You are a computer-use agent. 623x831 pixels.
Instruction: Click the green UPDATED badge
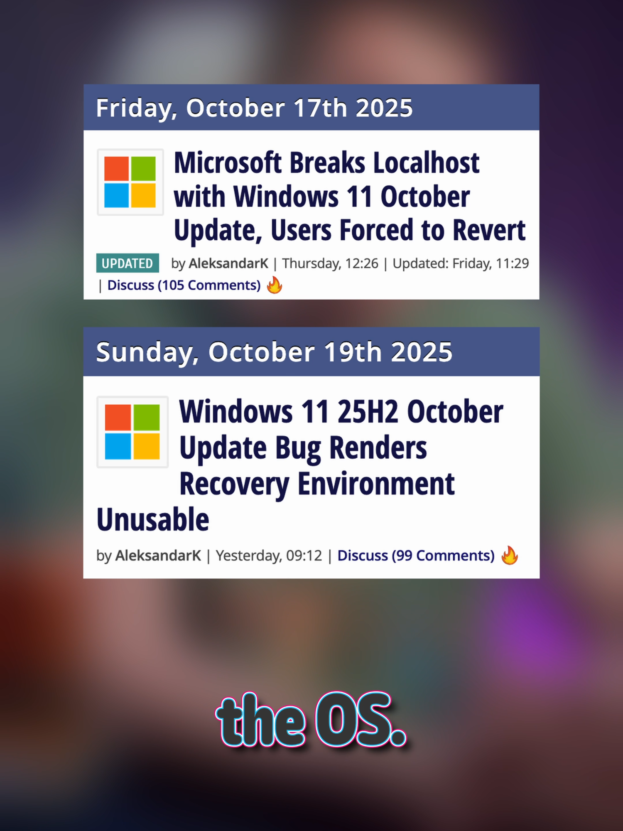coord(128,263)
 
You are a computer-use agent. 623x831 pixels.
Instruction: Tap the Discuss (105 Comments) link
coord(184,285)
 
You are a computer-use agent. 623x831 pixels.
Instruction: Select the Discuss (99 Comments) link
coord(416,556)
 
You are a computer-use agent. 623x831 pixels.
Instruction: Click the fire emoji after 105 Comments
coord(275,285)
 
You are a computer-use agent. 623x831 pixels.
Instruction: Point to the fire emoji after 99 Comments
coord(510,555)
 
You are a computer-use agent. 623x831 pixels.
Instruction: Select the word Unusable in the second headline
coord(153,520)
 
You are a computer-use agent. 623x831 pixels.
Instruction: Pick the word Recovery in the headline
coord(234,485)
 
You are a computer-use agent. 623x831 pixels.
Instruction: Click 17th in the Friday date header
coord(320,108)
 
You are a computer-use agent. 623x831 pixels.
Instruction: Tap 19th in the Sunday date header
coord(353,352)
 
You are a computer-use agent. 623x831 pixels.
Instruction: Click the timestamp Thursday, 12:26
coord(331,263)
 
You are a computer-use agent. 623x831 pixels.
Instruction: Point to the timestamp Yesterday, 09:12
coord(269,556)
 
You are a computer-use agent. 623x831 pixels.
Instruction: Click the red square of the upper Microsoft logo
coord(116,169)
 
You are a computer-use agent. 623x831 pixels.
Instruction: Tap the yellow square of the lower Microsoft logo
coord(146,446)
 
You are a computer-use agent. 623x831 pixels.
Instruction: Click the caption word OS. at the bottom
coord(361,720)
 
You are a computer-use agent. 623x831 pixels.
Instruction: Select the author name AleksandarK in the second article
coord(158,556)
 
